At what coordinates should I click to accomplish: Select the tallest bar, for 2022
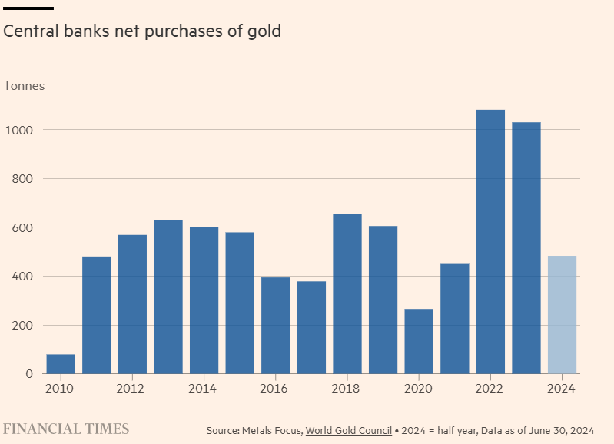click(x=490, y=242)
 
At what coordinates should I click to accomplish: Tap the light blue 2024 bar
click(x=562, y=315)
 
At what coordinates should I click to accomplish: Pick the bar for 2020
click(x=419, y=341)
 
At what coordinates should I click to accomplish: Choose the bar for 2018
click(x=347, y=293)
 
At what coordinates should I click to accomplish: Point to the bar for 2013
click(x=168, y=297)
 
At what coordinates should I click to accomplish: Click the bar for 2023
click(x=526, y=248)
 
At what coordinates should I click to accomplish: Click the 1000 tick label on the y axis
click(x=18, y=130)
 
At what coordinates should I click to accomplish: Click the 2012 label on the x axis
click(x=132, y=389)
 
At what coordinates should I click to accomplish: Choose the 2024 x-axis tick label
click(x=562, y=389)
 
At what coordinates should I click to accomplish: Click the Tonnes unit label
click(x=25, y=86)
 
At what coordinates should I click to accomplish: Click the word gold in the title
click(x=264, y=31)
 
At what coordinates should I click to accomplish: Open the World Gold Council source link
click(x=350, y=430)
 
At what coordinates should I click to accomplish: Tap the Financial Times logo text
click(x=67, y=429)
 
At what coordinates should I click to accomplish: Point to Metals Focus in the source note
click(x=273, y=430)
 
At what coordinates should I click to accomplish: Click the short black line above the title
click(x=28, y=8)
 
